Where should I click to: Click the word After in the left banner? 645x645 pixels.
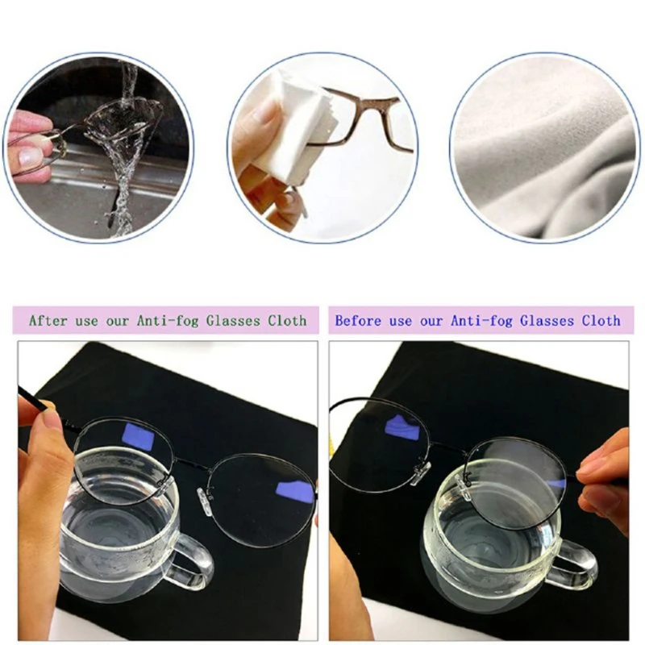point(48,320)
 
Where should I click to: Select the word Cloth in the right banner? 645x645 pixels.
point(601,320)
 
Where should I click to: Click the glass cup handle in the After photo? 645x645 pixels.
point(193,556)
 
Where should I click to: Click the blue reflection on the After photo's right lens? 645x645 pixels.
point(293,491)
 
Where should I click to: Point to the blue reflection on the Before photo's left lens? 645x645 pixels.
point(401,428)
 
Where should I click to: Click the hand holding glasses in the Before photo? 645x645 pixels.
point(609,476)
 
